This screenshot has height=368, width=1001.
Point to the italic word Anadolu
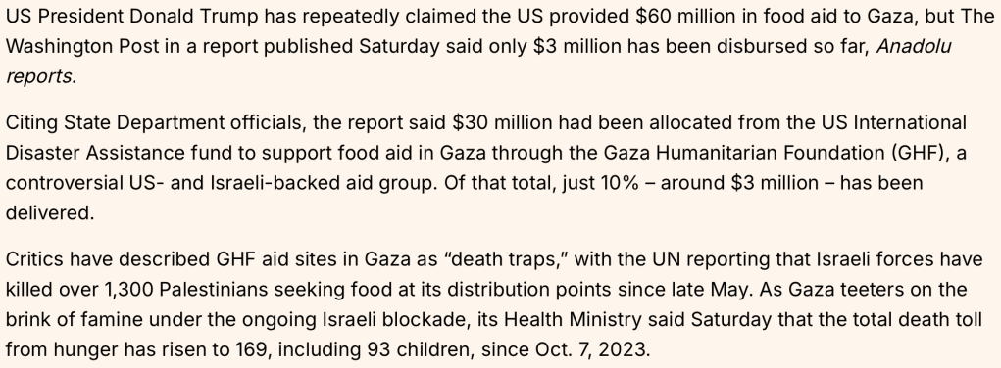(x=914, y=47)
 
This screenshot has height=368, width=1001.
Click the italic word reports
(x=41, y=76)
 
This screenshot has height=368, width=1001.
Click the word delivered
(x=50, y=213)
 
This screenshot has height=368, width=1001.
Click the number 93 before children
(x=377, y=350)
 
